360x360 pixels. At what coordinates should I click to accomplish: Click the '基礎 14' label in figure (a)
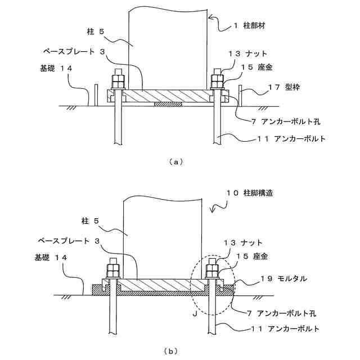click(x=57, y=67)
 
